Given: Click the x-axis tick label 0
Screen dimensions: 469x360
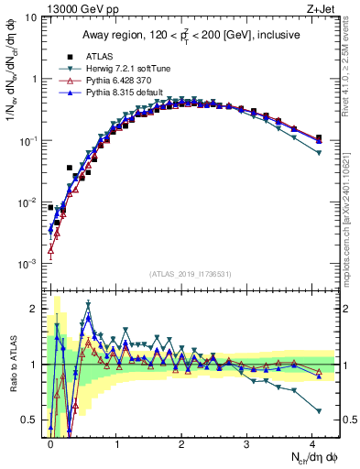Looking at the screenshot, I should click(50, 442).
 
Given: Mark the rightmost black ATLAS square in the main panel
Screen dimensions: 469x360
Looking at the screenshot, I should click(319, 138).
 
